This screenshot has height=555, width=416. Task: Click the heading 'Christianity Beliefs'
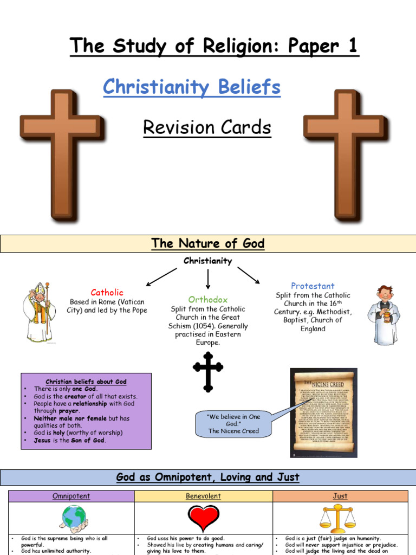[x=192, y=87]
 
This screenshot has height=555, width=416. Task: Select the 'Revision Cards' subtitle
[x=206, y=128]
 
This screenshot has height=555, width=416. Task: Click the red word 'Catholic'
[x=107, y=292]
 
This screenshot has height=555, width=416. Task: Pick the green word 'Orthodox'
[x=208, y=299]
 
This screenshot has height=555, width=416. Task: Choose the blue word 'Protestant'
[x=313, y=286]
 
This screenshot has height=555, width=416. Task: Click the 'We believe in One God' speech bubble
[x=233, y=423]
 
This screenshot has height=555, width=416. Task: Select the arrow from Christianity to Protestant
[x=249, y=275]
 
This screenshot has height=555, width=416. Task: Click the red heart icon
[x=203, y=518]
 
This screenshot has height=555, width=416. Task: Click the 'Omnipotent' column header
[x=71, y=496]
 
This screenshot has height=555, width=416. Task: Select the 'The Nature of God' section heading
[x=208, y=243]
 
